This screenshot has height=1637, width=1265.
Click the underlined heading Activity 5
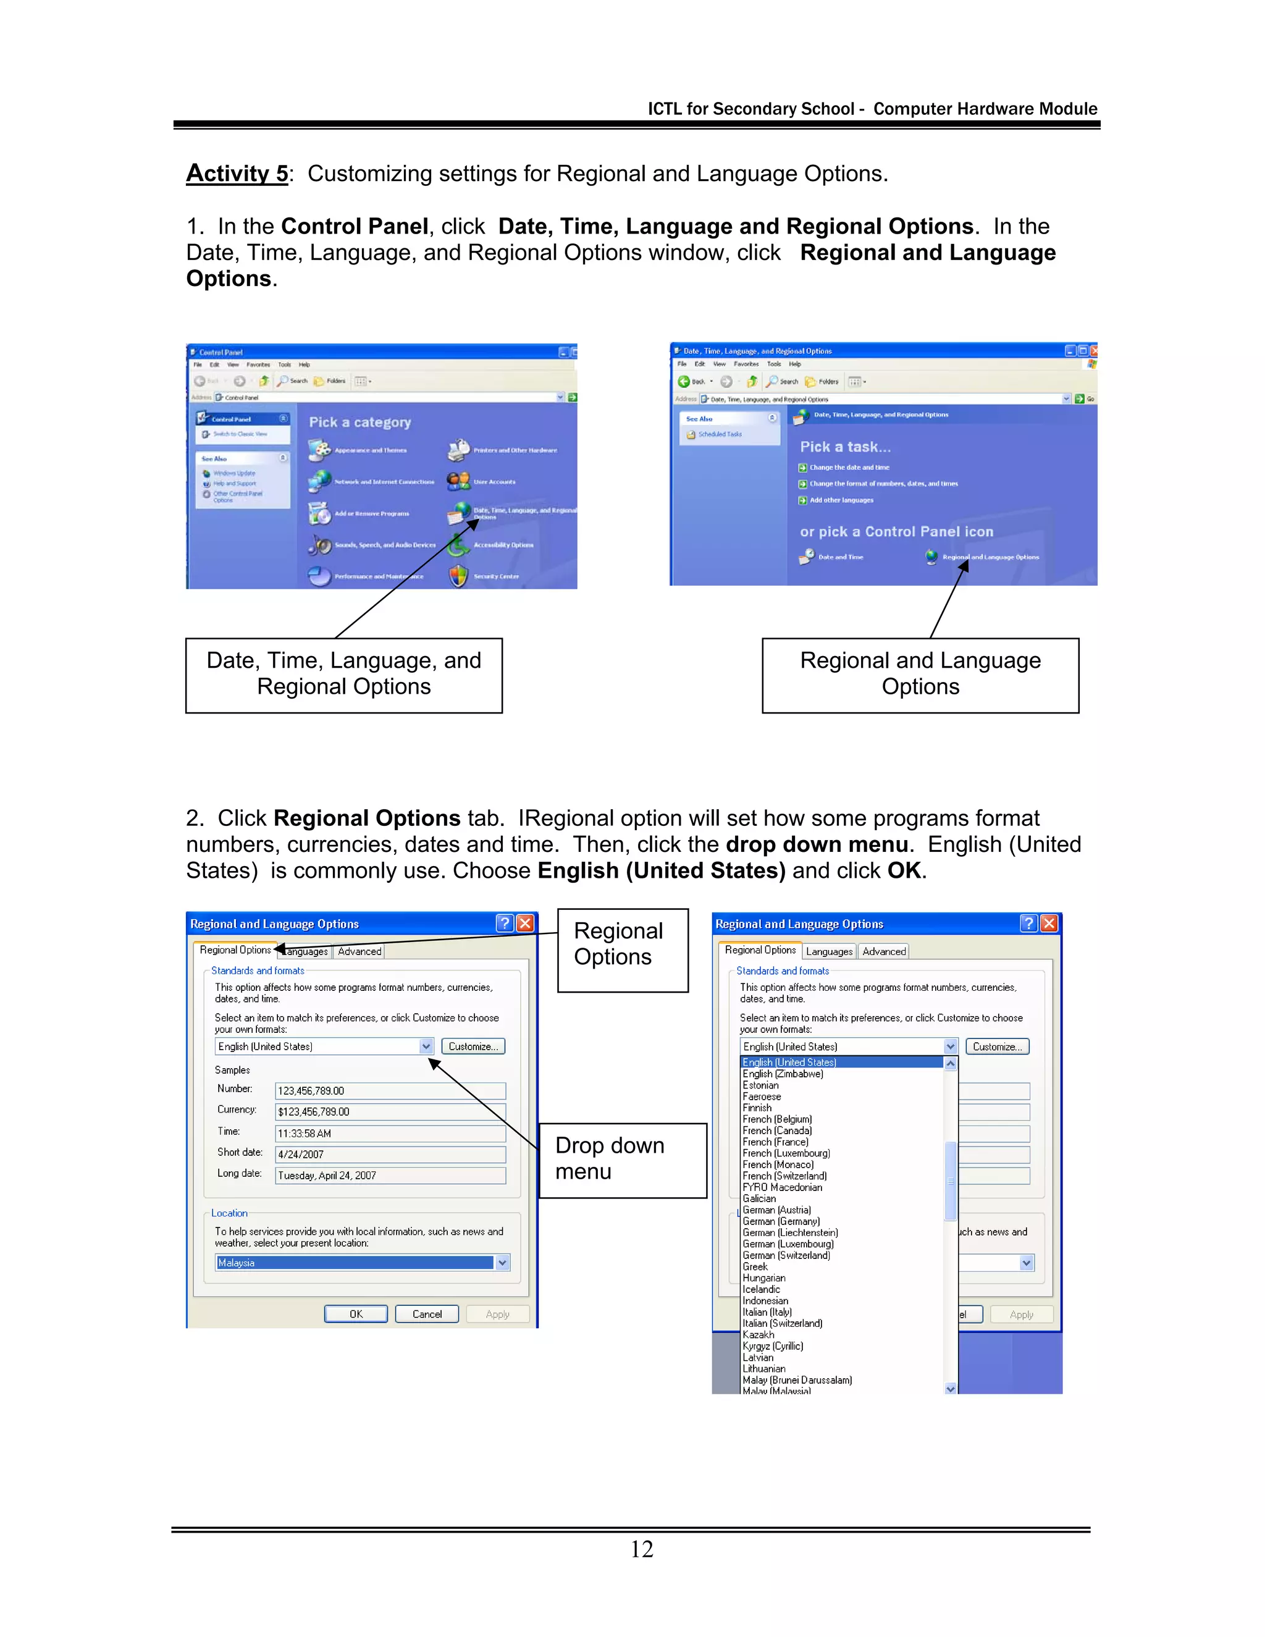[237, 173]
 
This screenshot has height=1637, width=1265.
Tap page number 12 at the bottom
[642, 1549]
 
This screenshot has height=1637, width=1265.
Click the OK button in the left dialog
[356, 1314]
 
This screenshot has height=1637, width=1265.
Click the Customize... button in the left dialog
[473, 1046]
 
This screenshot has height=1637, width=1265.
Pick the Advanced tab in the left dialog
[359, 951]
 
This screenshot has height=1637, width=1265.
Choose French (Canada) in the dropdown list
[777, 1130]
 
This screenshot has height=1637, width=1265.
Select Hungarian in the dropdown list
[763, 1278]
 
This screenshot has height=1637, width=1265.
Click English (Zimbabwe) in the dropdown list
[783, 1074]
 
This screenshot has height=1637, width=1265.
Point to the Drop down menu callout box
[622, 1159]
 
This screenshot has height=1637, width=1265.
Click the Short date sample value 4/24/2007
[390, 1155]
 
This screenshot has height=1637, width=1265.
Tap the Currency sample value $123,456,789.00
[390, 1111]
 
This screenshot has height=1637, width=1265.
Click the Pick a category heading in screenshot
[359, 422]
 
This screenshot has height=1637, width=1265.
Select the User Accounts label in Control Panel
[494, 482]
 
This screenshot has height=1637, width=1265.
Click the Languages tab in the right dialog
[829, 951]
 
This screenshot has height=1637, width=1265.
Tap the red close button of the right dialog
[1049, 924]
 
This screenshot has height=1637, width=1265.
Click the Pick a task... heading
[846, 447]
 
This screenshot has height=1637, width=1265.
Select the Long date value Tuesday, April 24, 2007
[390, 1176]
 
